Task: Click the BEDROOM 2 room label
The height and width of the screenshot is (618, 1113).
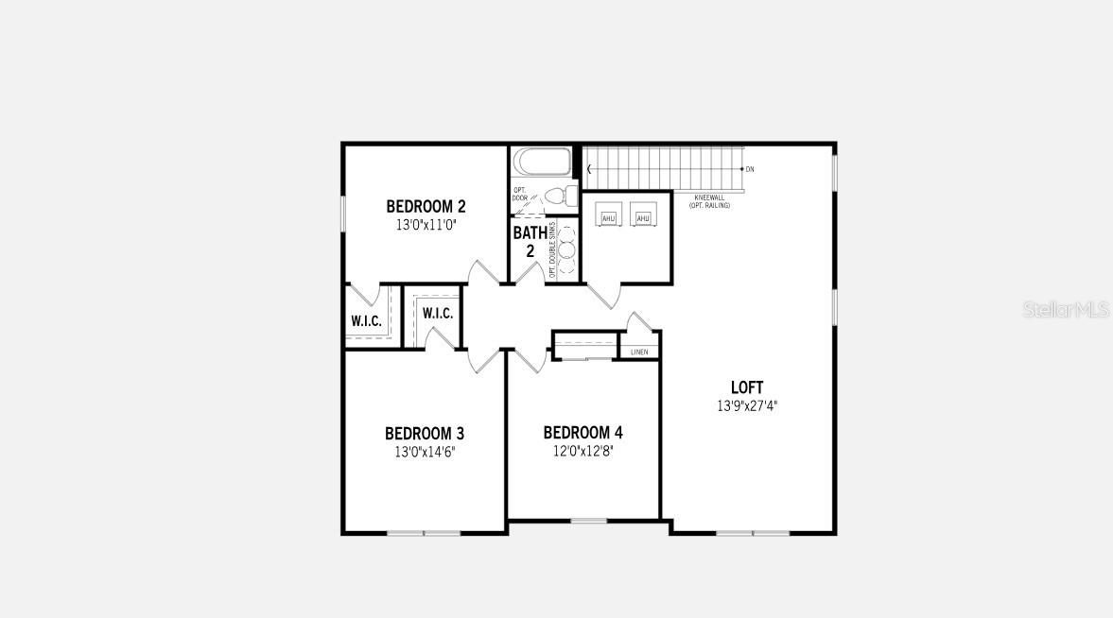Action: click(426, 206)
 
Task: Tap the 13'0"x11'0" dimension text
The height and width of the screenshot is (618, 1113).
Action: click(426, 226)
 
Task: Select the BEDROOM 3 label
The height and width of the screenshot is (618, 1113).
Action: click(425, 434)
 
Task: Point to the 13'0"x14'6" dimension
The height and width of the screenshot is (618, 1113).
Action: click(425, 452)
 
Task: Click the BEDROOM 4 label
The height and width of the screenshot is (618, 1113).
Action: click(583, 433)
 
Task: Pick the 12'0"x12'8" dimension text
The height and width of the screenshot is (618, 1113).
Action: click(583, 452)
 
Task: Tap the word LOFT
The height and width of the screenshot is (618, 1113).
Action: click(747, 387)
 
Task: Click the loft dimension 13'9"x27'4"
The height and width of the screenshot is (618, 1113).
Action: click(747, 405)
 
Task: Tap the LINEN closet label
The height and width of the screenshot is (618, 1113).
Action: click(639, 352)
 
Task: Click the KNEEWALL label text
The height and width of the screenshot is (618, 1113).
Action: click(709, 197)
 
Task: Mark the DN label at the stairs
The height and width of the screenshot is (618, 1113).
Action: click(750, 169)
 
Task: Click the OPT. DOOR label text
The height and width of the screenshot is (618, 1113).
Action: click(519, 194)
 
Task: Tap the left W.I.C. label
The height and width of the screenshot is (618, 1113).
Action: click(367, 321)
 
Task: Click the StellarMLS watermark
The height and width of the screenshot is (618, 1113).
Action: click(1066, 310)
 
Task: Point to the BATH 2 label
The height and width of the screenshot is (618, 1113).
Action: click(530, 242)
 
